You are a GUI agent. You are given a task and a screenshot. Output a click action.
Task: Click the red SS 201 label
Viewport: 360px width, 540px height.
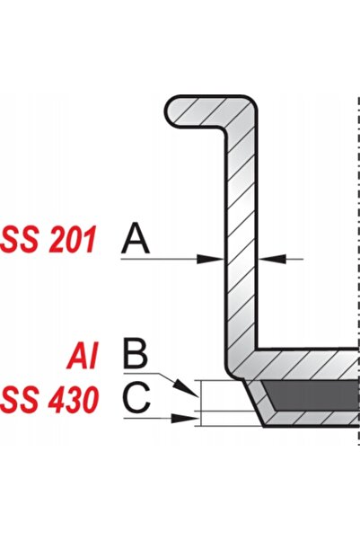click(48, 240)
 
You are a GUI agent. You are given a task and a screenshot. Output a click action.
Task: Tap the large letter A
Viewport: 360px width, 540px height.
click(136, 238)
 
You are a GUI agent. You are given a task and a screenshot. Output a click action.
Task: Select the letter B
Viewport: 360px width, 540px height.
click(136, 354)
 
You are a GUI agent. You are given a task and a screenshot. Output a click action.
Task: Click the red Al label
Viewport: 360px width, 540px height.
click(83, 355)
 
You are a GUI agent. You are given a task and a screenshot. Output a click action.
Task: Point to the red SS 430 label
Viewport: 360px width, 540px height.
click(49, 400)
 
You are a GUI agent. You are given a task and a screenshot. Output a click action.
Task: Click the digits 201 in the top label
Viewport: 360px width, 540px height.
click(73, 240)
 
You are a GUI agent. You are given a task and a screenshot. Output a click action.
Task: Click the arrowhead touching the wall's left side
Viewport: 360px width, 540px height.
click(210, 259)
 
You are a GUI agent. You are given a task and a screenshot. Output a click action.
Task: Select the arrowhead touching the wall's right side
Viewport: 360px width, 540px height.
click(272, 259)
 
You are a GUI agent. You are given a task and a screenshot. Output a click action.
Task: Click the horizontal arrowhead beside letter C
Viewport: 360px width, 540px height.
click(185, 418)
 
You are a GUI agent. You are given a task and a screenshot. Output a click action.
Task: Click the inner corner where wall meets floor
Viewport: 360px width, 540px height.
click(257, 349)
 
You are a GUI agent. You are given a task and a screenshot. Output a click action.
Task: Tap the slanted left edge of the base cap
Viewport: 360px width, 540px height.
click(254, 403)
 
